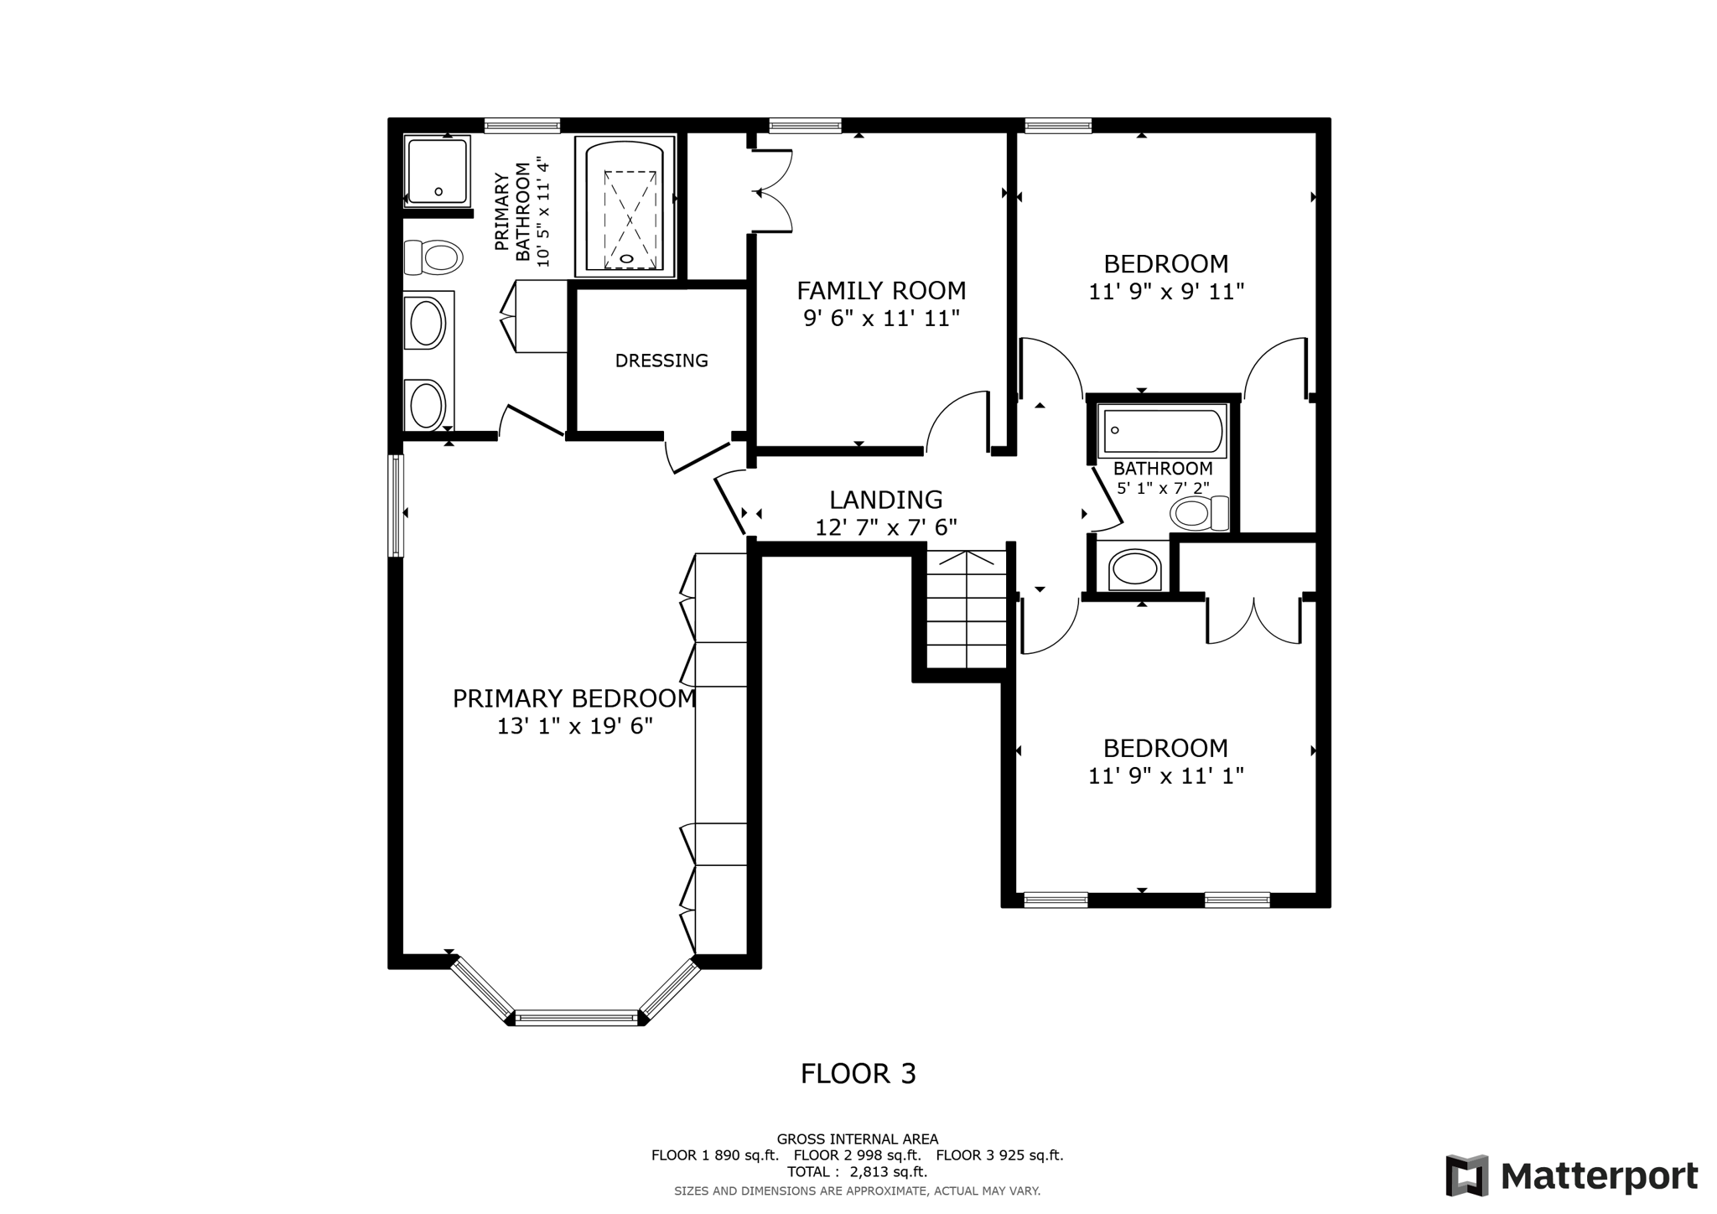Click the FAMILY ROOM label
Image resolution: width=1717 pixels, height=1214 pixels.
(881, 291)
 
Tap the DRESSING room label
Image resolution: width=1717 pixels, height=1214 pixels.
(661, 361)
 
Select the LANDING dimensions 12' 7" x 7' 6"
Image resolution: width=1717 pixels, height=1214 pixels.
(886, 527)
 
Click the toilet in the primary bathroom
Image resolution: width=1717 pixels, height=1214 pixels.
(433, 257)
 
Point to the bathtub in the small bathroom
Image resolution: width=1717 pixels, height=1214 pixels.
(1162, 432)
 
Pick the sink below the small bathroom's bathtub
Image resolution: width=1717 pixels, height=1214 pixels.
(1134, 569)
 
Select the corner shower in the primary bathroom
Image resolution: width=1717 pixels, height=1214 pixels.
(437, 171)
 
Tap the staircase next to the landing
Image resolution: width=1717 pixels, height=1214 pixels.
(967, 610)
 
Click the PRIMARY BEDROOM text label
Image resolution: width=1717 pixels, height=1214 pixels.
(574, 698)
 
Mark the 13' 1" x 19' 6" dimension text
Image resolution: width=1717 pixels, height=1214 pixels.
(574, 726)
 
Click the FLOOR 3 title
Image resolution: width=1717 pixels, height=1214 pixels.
(858, 1074)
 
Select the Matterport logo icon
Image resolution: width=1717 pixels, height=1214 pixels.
(1466, 1175)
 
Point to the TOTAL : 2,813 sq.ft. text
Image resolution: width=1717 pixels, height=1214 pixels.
(857, 1172)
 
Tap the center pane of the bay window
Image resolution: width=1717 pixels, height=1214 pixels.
(577, 1018)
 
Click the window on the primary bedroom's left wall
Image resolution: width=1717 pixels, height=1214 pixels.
(396, 506)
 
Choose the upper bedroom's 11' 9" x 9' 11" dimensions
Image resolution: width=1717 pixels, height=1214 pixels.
(1165, 292)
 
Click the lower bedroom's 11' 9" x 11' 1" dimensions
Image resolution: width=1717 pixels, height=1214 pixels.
(1165, 776)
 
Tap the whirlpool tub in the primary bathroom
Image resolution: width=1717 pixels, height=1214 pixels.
(625, 207)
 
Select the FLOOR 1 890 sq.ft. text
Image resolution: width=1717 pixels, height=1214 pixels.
(714, 1155)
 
